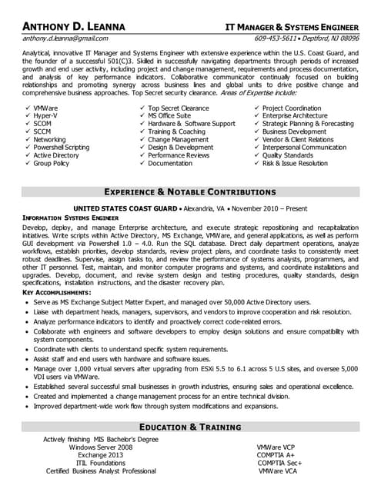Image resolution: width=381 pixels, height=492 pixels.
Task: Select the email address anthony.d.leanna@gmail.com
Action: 65,37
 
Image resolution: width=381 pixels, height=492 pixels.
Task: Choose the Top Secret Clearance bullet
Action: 178,108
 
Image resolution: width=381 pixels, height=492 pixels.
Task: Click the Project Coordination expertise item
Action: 292,108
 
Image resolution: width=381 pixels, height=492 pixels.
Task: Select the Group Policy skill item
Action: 52,163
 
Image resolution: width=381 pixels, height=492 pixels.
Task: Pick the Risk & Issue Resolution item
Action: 295,163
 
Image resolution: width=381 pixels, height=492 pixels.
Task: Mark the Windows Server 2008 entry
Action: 100,447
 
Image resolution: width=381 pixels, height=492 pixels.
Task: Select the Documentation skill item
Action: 170,163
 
